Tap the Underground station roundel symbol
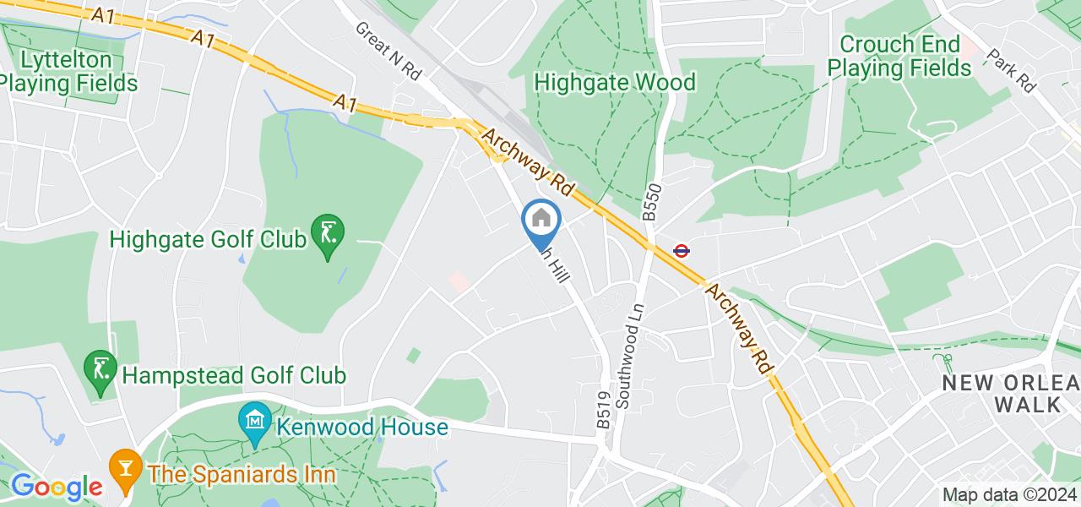coord(681,250)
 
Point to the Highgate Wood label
coord(616,82)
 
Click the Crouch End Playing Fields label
coord(899,56)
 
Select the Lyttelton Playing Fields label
coord(68,72)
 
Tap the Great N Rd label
coord(388,52)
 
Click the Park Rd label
coord(1011,70)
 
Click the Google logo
coord(56,486)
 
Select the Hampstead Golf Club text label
coord(234,374)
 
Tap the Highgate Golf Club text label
coord(207,240)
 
